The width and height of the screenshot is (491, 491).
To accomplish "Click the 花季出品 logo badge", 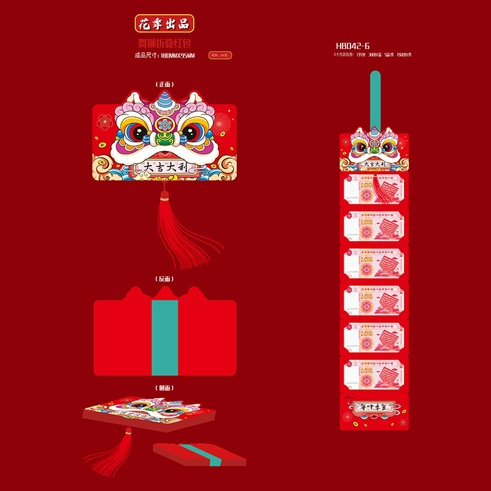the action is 164,24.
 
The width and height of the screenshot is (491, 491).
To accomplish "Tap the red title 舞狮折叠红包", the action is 164,44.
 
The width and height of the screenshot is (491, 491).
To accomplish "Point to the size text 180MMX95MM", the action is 177,56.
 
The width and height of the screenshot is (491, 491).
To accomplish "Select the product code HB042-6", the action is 353,46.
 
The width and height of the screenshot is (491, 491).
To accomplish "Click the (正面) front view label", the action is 164,84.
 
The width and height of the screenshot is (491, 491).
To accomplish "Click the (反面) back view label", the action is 164,279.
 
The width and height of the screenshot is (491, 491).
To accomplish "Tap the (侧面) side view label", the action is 164,388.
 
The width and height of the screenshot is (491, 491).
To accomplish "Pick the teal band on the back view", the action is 164,338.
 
